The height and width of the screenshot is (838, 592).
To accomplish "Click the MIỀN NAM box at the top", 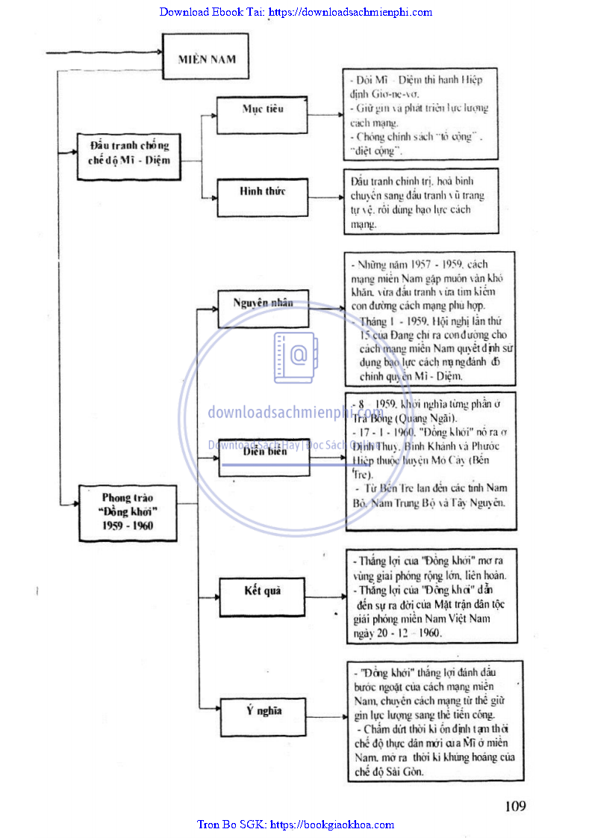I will pos(206,58).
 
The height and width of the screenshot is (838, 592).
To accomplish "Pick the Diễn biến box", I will pos(264,457).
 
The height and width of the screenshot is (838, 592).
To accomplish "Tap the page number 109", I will pos(515,806).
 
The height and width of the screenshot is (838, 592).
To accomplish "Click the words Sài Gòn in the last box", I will pos(408,771).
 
